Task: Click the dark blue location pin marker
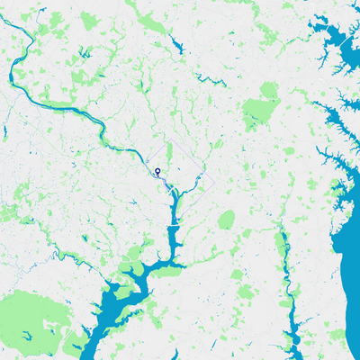pos(157,171)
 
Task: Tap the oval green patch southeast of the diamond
pos(225,220)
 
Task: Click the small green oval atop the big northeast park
pos(268,90)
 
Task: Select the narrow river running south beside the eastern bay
pos(286,270)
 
